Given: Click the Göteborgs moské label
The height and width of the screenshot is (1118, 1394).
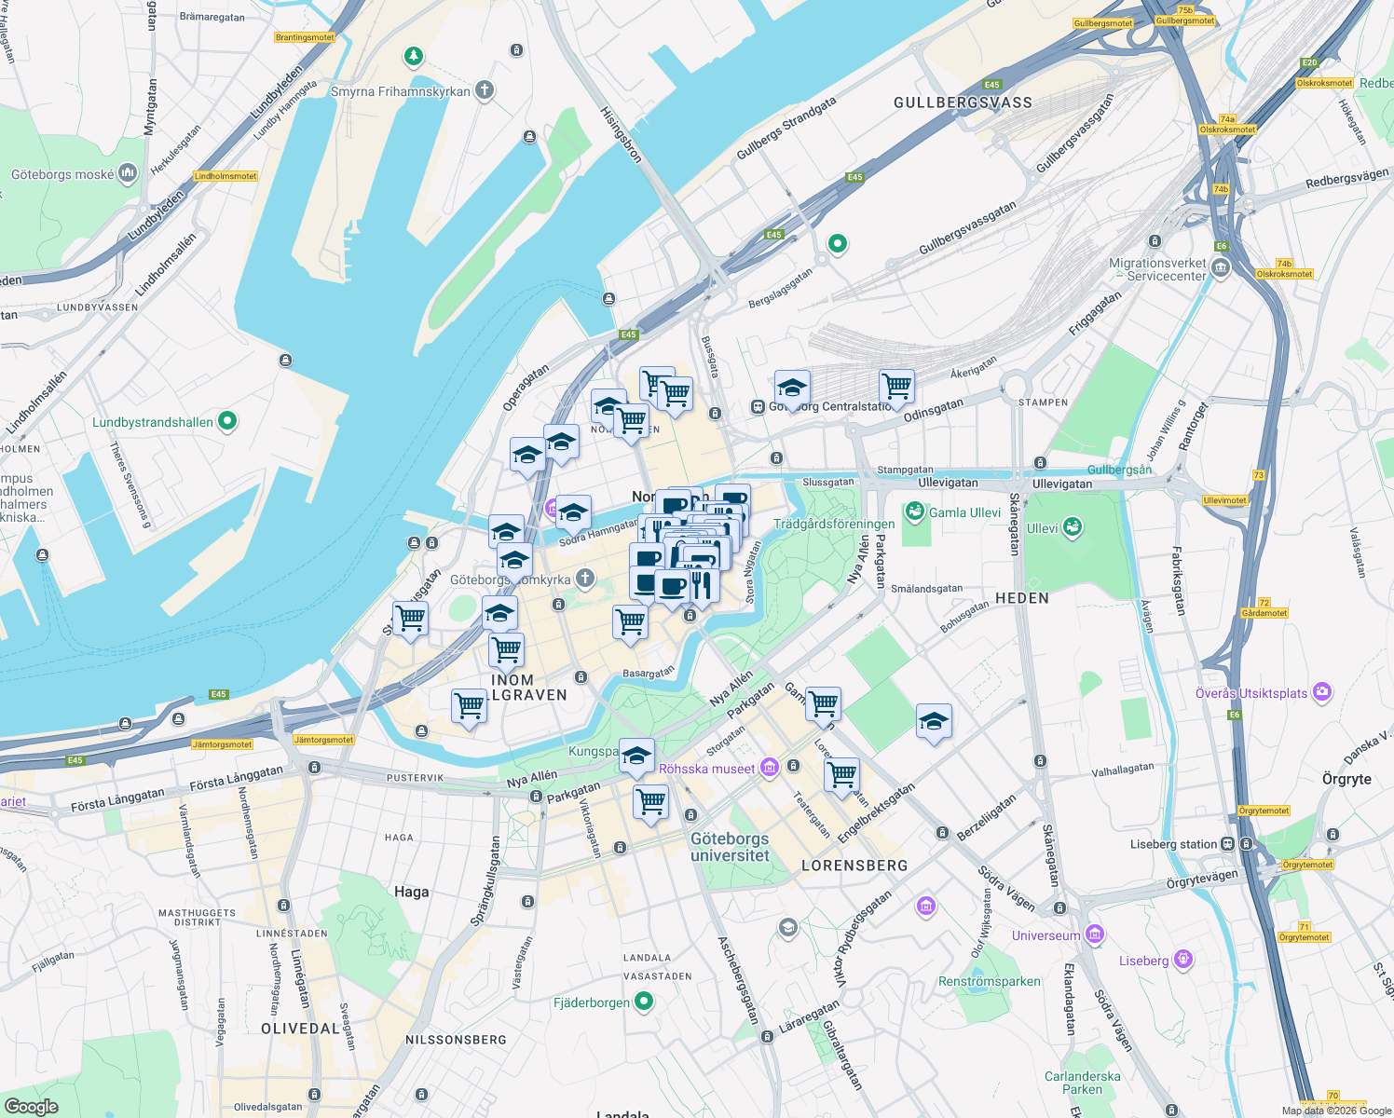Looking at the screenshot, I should tap(62, 174).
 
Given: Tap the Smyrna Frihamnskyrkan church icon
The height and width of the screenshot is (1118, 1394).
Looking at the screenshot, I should tap(484, 90).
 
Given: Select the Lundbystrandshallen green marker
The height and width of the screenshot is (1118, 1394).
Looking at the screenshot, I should tap(227, 421).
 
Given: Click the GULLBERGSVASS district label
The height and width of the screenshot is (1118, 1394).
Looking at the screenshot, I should tap(963, 102).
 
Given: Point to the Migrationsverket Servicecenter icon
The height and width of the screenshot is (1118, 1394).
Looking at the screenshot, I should tap(1221, 269).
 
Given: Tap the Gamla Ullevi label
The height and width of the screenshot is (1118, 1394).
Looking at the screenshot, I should tap(964, 512).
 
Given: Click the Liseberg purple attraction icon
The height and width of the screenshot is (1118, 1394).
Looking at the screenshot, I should tap(1183, 960).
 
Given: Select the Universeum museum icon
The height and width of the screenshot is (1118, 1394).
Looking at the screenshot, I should tap(1095, 934).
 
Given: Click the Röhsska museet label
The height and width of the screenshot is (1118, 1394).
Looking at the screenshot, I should tap(706, 769).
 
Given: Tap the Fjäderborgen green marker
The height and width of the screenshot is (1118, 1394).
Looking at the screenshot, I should tap(644, 1002).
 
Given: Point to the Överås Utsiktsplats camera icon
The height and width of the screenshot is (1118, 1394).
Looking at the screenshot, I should tap(1322, 692).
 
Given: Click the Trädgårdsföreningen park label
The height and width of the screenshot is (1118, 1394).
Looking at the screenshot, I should tap(834, 524).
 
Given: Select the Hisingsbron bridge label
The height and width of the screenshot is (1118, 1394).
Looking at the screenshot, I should tap(621, 135).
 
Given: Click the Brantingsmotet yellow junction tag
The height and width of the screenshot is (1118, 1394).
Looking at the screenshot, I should tap(305, 37).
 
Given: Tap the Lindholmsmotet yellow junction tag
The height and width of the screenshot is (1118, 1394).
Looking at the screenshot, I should tap(225, 176).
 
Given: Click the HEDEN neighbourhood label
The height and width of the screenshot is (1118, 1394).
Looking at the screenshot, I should tap(1022, 598).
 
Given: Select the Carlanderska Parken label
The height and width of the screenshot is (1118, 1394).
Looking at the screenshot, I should tap(1082, 1083).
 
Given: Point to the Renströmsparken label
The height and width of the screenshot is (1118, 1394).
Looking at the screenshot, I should tap(989, 981).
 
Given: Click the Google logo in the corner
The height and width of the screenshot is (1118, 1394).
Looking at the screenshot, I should tap(31, 1106).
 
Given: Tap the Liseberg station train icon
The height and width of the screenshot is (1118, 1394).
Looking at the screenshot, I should tap(1228, 844).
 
